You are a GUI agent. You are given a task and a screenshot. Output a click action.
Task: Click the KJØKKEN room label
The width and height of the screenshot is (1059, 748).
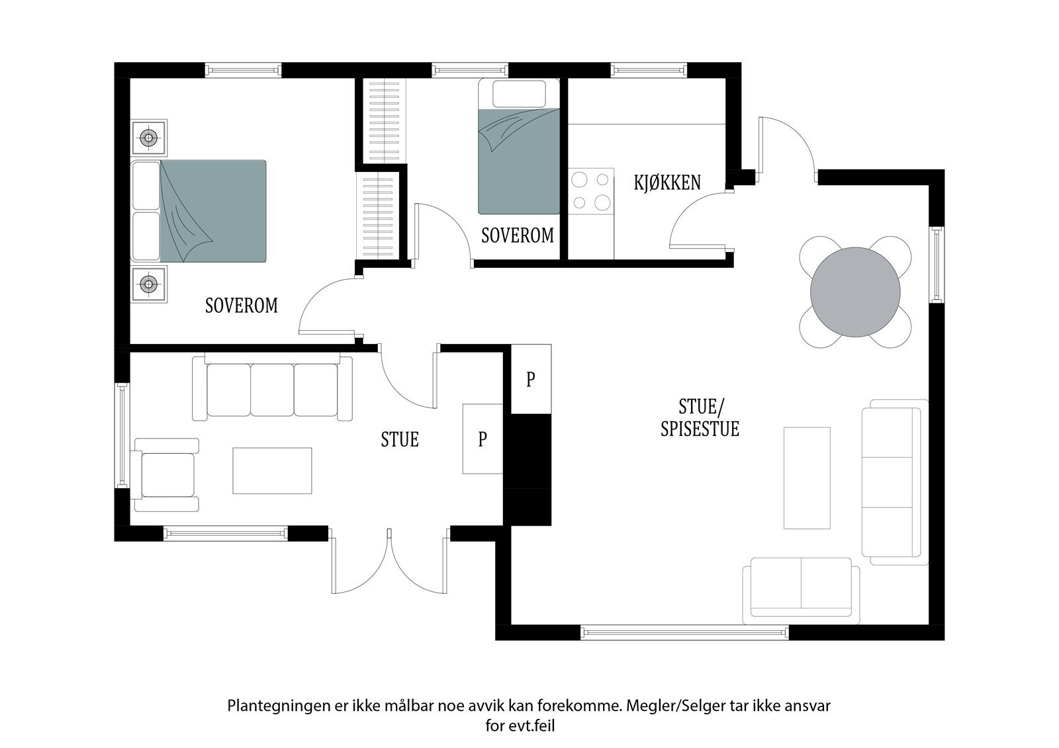click(x=667, y=183)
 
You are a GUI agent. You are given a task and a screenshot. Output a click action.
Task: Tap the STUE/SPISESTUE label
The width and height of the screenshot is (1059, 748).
click(x=700, y=418)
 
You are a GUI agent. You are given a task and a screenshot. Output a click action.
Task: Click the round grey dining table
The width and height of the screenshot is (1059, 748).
click(x=855, y=292)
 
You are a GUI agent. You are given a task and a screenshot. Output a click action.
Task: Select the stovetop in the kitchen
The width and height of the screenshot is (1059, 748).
click(x=591, y=191)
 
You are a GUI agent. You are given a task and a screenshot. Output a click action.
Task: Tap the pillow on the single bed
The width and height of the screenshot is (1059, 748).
click(x=519, y=93)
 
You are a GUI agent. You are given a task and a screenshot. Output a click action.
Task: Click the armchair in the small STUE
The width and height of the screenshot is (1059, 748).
click(x=165, y=475)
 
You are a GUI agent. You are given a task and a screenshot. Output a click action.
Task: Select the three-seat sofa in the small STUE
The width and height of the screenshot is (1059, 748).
click(x=272, y=388)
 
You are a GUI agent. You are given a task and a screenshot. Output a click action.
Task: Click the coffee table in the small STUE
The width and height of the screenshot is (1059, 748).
click(x=272, y=471)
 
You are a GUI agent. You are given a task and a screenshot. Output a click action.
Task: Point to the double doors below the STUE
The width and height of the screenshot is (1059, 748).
click(x=389, y=561)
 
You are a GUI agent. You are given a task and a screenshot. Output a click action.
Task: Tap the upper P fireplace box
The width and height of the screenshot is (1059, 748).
click(x=531, y=379)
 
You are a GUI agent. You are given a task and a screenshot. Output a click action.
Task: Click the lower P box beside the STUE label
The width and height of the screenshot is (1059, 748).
click(x=483, y=439)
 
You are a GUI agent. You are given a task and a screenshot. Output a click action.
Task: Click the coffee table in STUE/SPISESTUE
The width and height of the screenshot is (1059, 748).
click(x=807, y=478)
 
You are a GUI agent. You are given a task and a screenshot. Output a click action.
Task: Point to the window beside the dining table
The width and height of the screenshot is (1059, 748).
click(x=937, y=265)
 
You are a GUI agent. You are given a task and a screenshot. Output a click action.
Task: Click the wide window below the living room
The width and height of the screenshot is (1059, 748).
click(x=684, y=632)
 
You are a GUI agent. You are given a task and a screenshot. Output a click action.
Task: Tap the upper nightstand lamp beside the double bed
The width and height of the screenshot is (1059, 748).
click(x=149, y=138)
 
